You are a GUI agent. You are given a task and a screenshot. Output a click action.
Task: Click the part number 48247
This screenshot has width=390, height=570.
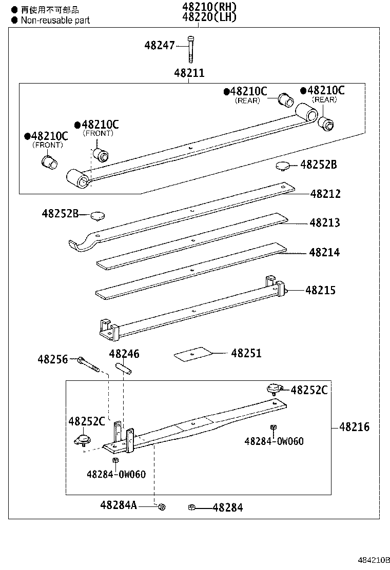coord(160,45)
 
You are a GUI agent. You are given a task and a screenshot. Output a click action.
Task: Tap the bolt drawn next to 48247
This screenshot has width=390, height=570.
coord(191,47)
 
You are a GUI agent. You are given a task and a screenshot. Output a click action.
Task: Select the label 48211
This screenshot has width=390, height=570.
coord(189,73)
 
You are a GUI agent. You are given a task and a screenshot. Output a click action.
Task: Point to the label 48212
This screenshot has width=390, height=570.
coord(325,194)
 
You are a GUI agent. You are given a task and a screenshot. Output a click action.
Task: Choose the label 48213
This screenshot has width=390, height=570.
coord(325,223)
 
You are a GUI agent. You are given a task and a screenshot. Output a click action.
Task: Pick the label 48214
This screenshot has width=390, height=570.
coord(324,253)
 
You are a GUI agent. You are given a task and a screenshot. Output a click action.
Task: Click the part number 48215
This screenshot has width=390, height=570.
coord(320,290)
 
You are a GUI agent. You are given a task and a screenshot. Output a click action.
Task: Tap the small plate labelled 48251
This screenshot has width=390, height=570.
coord(193,354)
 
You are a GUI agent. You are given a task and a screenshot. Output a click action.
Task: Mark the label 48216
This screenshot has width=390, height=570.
coord(354,427)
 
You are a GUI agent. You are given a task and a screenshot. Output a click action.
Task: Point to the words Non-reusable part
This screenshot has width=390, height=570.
coord(55,20)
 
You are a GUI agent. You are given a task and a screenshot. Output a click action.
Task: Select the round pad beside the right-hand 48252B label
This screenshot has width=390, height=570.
coord(281,166)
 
